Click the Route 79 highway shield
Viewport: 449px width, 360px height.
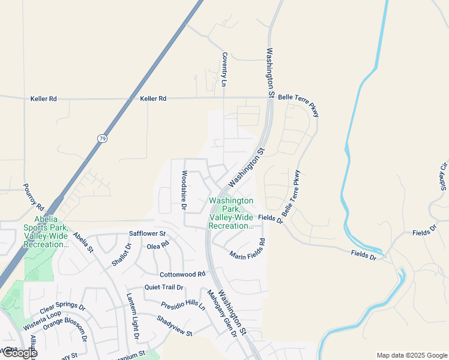[x=102, y=139]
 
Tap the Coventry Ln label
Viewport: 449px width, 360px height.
[x=225, y=70]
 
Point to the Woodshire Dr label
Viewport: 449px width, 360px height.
[x=184, y=190]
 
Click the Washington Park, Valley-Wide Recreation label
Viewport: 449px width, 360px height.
[x=231, y=213]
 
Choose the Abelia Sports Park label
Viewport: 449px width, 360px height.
[x=46, y=232]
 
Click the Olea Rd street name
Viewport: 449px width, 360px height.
[x=158, y=246]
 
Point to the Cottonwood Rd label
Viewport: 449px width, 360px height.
[x=182, y=274]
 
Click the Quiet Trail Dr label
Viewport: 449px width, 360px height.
[x=163, y=287]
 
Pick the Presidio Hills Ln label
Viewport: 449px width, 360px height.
[x=183, y=304]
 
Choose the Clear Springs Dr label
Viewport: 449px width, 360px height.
[x=62, y=310]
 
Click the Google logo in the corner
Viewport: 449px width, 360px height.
[x=19, y=352]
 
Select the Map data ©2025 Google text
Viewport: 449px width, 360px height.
[x=412, y=355]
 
